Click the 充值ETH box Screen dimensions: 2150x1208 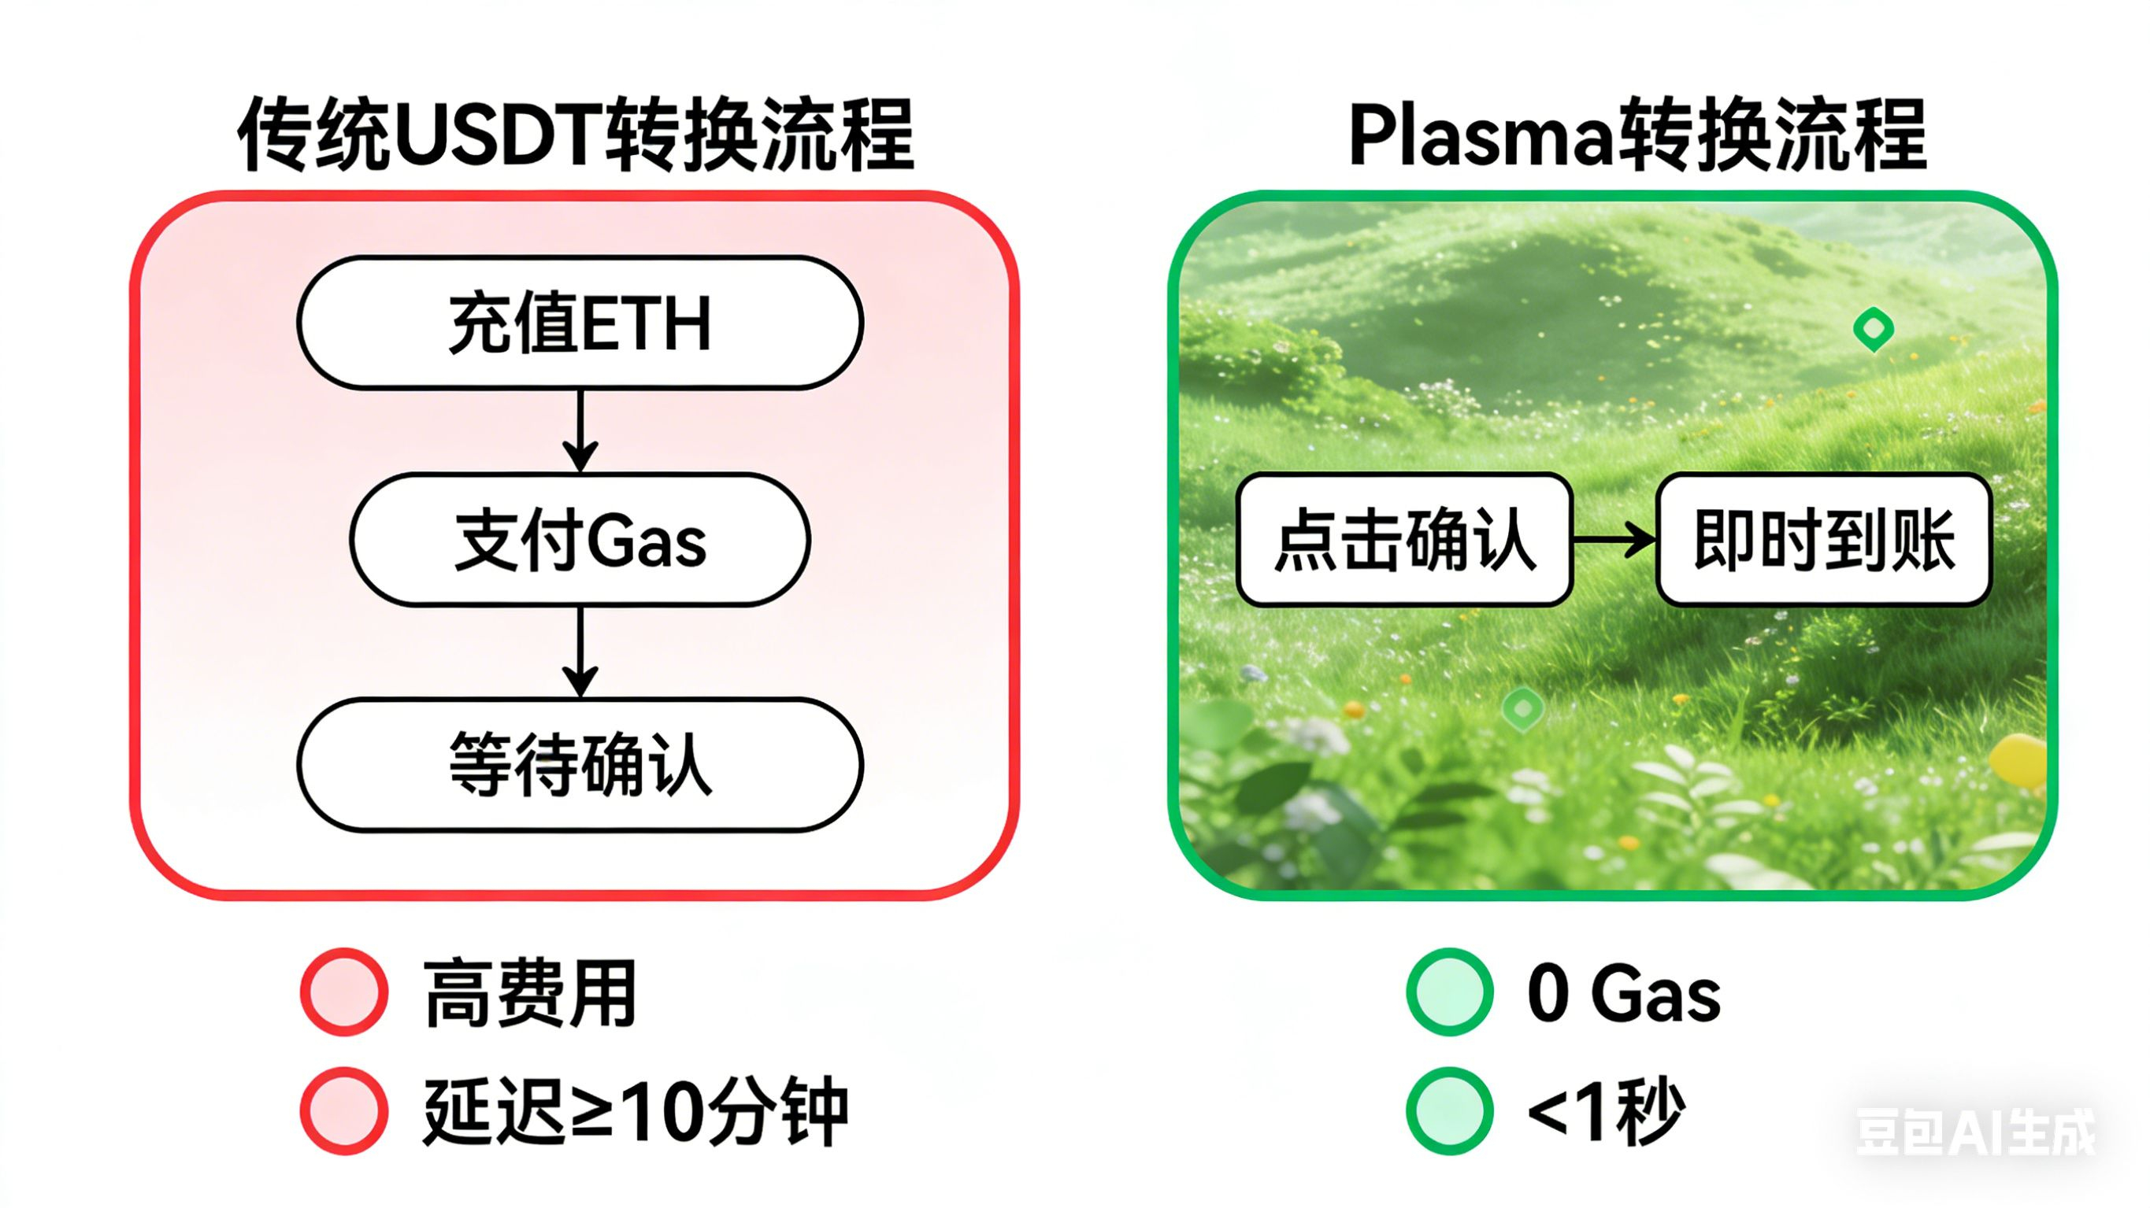click(x=580, y=323)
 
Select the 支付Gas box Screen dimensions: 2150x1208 click(x=580, y=540)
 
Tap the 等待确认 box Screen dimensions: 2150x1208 click(x=580, y=765)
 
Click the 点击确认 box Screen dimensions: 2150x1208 click(x=1405, y=540)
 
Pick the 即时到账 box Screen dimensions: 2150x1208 click(x=1824, y=540)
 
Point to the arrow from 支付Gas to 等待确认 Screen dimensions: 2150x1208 click(x=580, y=652)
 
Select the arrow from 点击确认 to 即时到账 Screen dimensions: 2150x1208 click(x=1614, y=540)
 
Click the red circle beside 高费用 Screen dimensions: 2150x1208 click(x=344, y=992)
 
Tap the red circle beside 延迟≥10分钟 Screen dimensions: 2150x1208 click(x=344, y=1110)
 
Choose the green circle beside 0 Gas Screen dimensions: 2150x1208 click(x=1450, y=992)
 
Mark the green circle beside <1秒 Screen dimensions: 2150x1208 click(x=1450, y=1110)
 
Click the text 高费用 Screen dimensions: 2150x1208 click(x=531, y=992)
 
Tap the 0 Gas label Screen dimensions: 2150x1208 click(x=1623, y=992)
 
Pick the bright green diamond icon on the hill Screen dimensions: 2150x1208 click(x=1873, y=329)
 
